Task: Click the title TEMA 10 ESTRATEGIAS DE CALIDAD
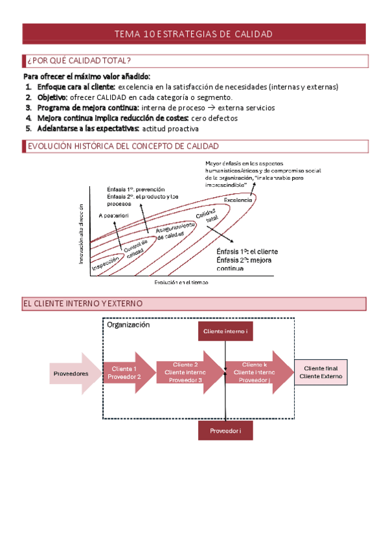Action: (193, 34)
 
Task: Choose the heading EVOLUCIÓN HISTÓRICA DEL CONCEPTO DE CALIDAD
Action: (122, 147)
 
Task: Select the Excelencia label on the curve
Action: (238, 200)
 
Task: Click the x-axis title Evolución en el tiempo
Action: (181, 282)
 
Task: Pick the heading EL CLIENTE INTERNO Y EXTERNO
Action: (83, 303)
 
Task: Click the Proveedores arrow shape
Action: (72, 373)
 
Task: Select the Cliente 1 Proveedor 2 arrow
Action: (125, 373)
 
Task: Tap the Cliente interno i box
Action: (225, 331)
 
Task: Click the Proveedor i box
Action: (225, 431)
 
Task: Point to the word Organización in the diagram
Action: (128, 326)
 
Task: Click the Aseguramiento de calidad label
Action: (176, 228)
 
